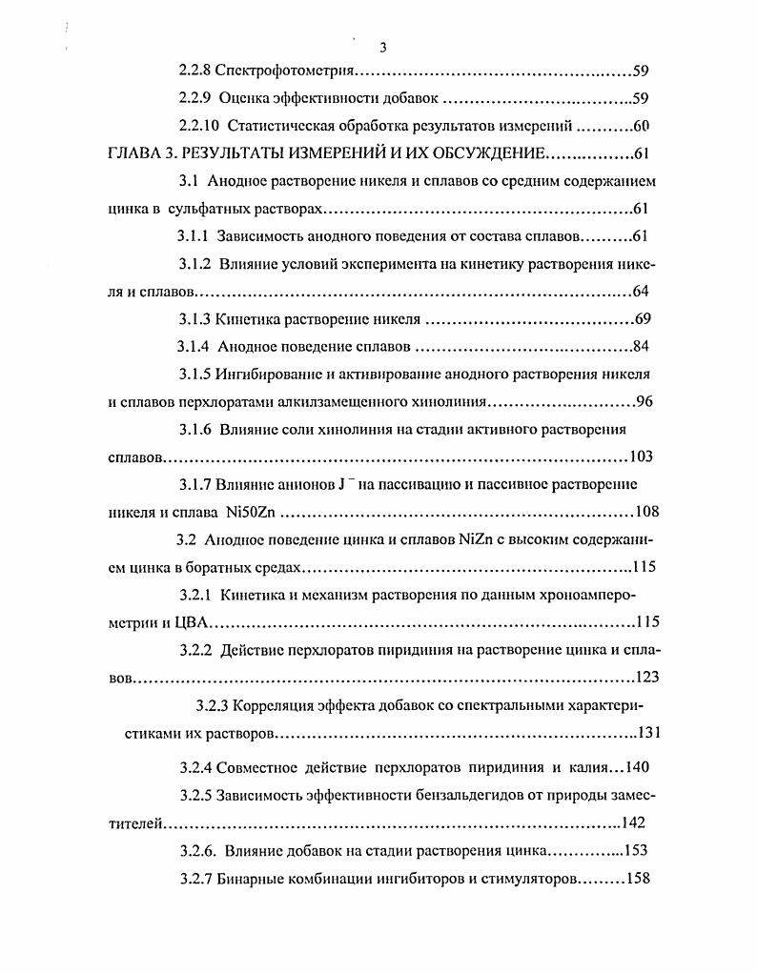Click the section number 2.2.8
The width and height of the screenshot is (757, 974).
click(196, 71)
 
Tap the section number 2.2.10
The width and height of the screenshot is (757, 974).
click(200, 126)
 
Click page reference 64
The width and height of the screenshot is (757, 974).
click(641, 291)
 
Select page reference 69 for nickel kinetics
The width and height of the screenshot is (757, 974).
click(641, 318)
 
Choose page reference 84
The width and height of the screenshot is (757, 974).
click(641, 346)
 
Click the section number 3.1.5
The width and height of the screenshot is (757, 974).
click(196, 374)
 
